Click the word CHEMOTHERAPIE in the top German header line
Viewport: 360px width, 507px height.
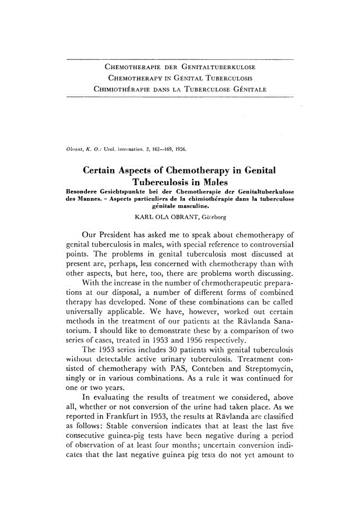click(129, 67)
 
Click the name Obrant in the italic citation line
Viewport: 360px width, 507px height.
click(75, 149)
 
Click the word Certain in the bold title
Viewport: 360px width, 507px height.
click(106, 170)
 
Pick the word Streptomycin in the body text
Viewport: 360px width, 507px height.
click(264, 371)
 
